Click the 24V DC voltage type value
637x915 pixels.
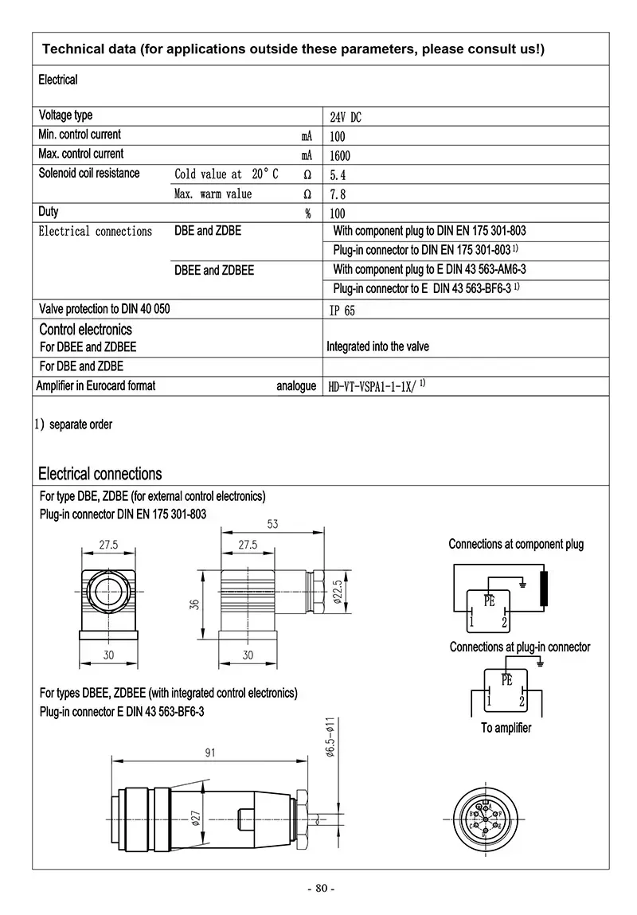tap(345, 117)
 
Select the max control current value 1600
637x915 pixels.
tap(339, 155)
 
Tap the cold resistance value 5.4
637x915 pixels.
tap(337, 174)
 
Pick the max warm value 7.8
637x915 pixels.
tap(337, 194)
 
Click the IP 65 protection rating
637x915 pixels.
tap(342, 311)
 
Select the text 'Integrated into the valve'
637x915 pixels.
tap(377, 346)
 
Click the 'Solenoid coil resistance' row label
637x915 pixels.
tap(89, 174)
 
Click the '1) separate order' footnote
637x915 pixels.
tap(73, 424)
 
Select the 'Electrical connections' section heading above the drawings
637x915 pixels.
tap(100, 474)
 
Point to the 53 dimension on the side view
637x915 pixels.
tap(272, 524)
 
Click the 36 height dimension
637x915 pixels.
tap(194, 605)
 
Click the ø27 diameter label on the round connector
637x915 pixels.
tap(196, 819)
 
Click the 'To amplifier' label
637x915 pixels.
tap(506, 728)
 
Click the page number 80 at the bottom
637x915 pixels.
tap(321, 889)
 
